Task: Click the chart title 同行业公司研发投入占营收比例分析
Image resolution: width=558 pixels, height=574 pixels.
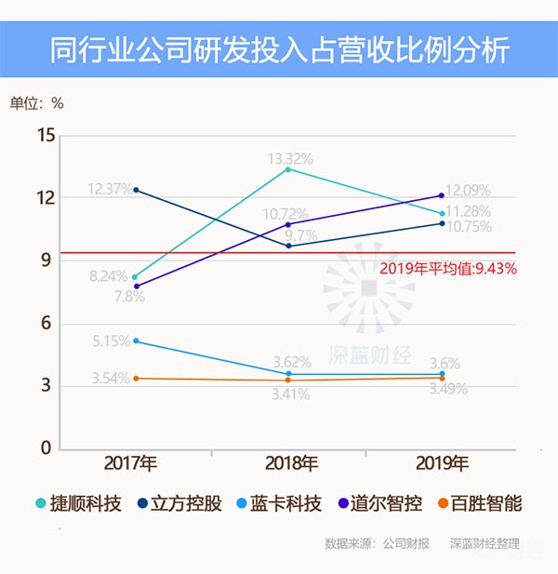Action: tap(279, 49)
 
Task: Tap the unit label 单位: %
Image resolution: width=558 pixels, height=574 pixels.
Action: tap(37, 103)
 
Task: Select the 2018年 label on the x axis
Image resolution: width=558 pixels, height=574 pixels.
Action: tap(287, 463)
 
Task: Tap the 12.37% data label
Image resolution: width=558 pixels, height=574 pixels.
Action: tap(111, 189)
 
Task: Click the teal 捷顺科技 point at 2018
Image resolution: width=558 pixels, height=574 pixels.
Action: tap(287, 169)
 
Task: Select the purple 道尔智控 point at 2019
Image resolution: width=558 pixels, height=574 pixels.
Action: tap(441, 195)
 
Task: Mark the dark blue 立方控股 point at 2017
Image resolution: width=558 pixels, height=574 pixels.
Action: tap(137, 190)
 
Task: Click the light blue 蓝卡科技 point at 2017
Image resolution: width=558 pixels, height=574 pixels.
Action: tap(137, 340)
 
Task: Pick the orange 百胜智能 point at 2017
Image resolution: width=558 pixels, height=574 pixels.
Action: tap(137, 379)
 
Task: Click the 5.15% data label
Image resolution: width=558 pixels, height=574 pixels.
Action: tap(111, 340)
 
